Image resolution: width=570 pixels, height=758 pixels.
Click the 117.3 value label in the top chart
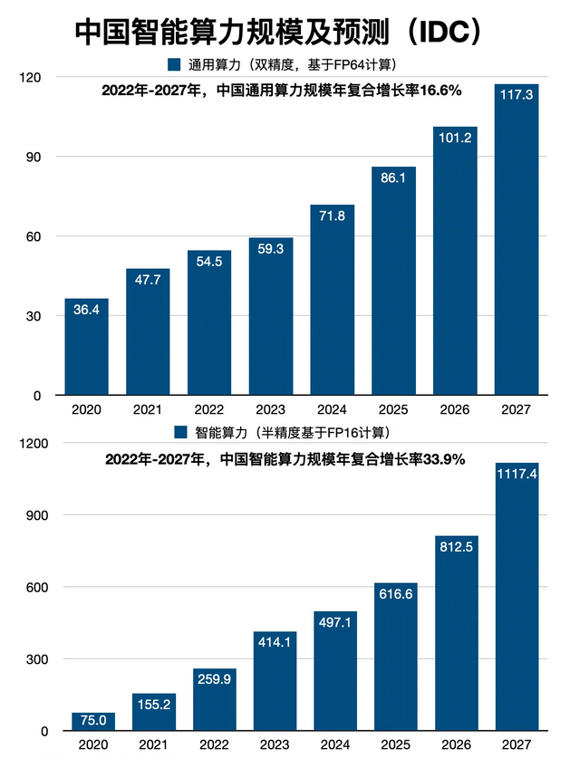[x=517, y=93]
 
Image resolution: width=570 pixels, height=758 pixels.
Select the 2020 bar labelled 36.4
[x=86, y=349]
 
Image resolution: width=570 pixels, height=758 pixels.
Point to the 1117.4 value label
[x=517, y=473]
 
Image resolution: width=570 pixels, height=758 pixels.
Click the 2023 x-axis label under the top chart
[x=271, y=410]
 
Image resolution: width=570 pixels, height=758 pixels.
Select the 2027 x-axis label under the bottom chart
[x=517, y=745]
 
